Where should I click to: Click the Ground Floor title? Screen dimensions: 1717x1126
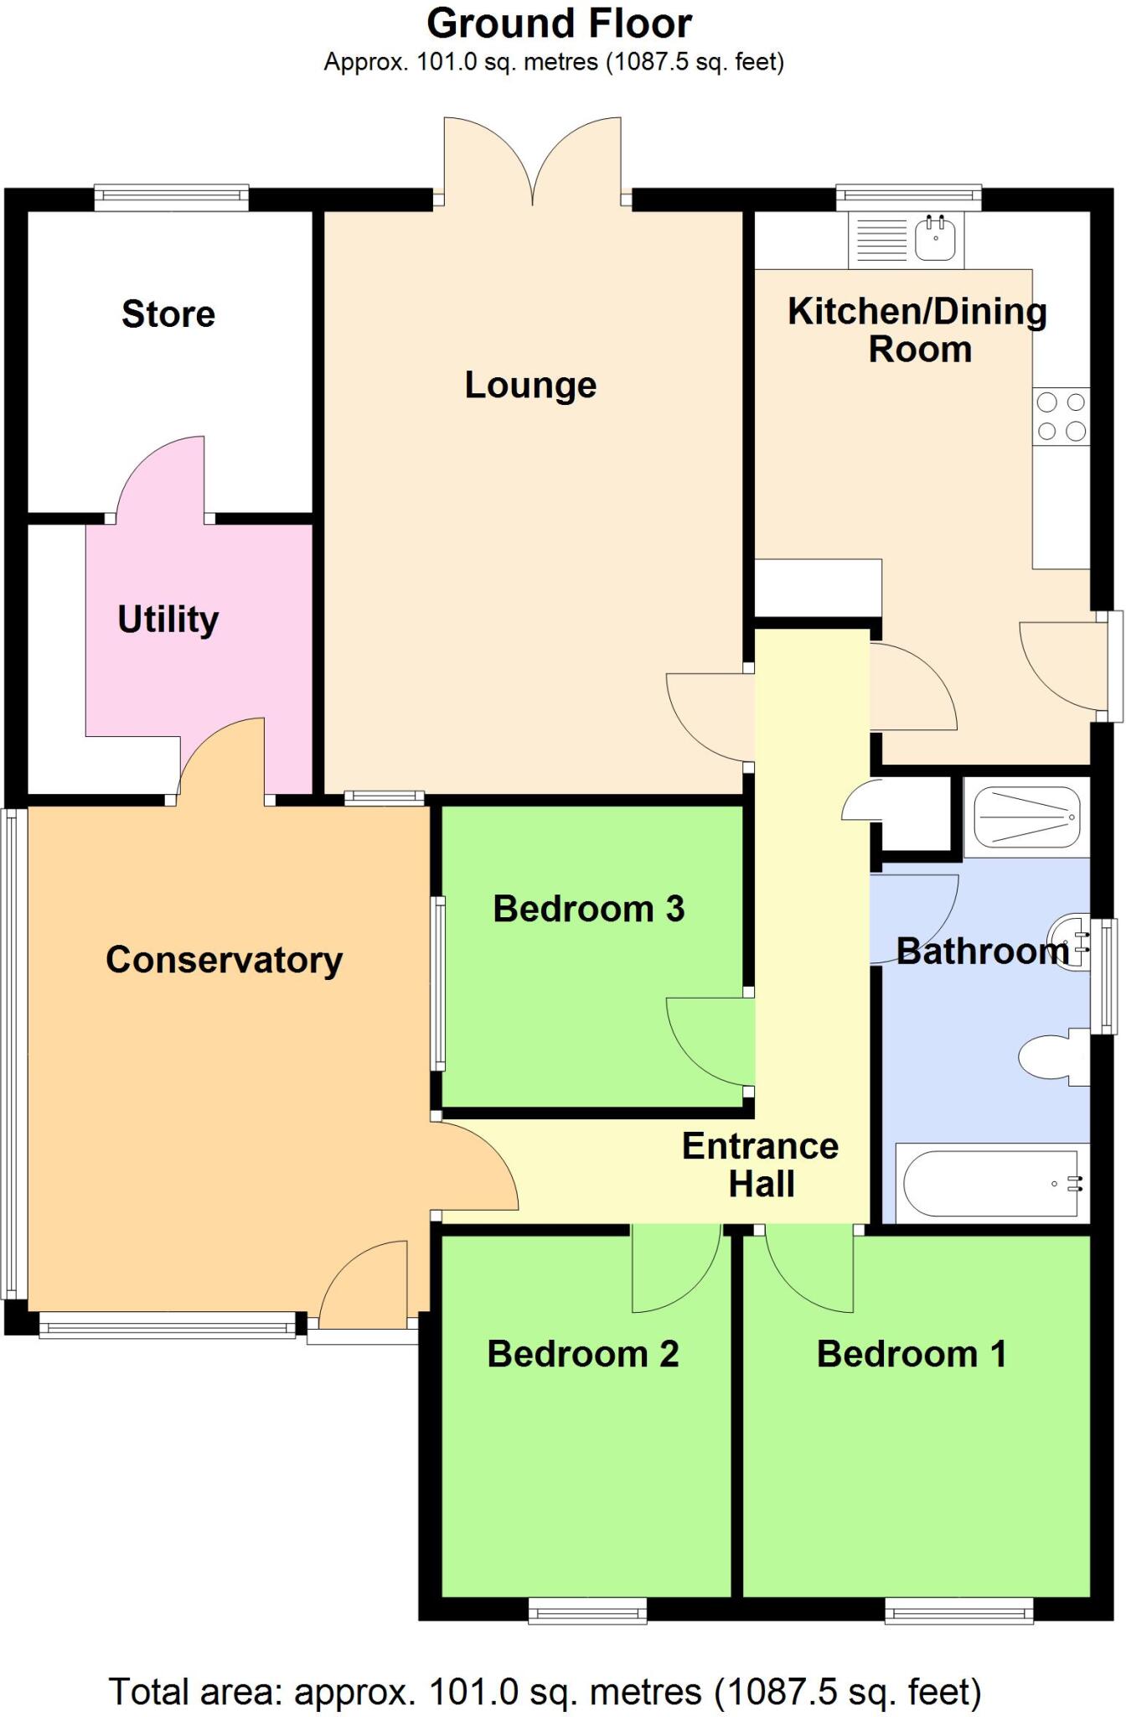click(559, 23)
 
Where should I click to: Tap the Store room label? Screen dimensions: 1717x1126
click(168, 314)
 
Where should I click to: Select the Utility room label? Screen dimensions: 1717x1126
click(168, 620)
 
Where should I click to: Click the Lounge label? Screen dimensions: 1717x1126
click(530, 386)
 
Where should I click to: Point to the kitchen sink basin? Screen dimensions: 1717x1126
click(936, 238)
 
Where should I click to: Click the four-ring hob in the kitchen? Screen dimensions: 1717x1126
click(1061, 417)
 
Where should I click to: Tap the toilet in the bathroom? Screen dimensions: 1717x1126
click(1047, 1058)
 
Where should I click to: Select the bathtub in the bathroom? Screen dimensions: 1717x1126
click(991, 1183)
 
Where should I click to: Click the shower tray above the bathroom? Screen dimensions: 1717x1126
click(1027, 816)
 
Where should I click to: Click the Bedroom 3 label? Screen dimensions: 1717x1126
click(588, 910)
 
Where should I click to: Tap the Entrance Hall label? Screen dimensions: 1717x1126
click(761, 1165)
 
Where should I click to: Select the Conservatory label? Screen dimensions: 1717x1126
click(224, 960)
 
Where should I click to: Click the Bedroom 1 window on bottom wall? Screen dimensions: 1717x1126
click(958, 1611)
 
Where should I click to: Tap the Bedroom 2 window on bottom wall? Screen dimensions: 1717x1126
click(587, 1611)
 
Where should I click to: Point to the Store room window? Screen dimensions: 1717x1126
click(171, 198)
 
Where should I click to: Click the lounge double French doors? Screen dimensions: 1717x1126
click(533, 163)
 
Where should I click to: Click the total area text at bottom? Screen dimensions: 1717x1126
click(545, 1692)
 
